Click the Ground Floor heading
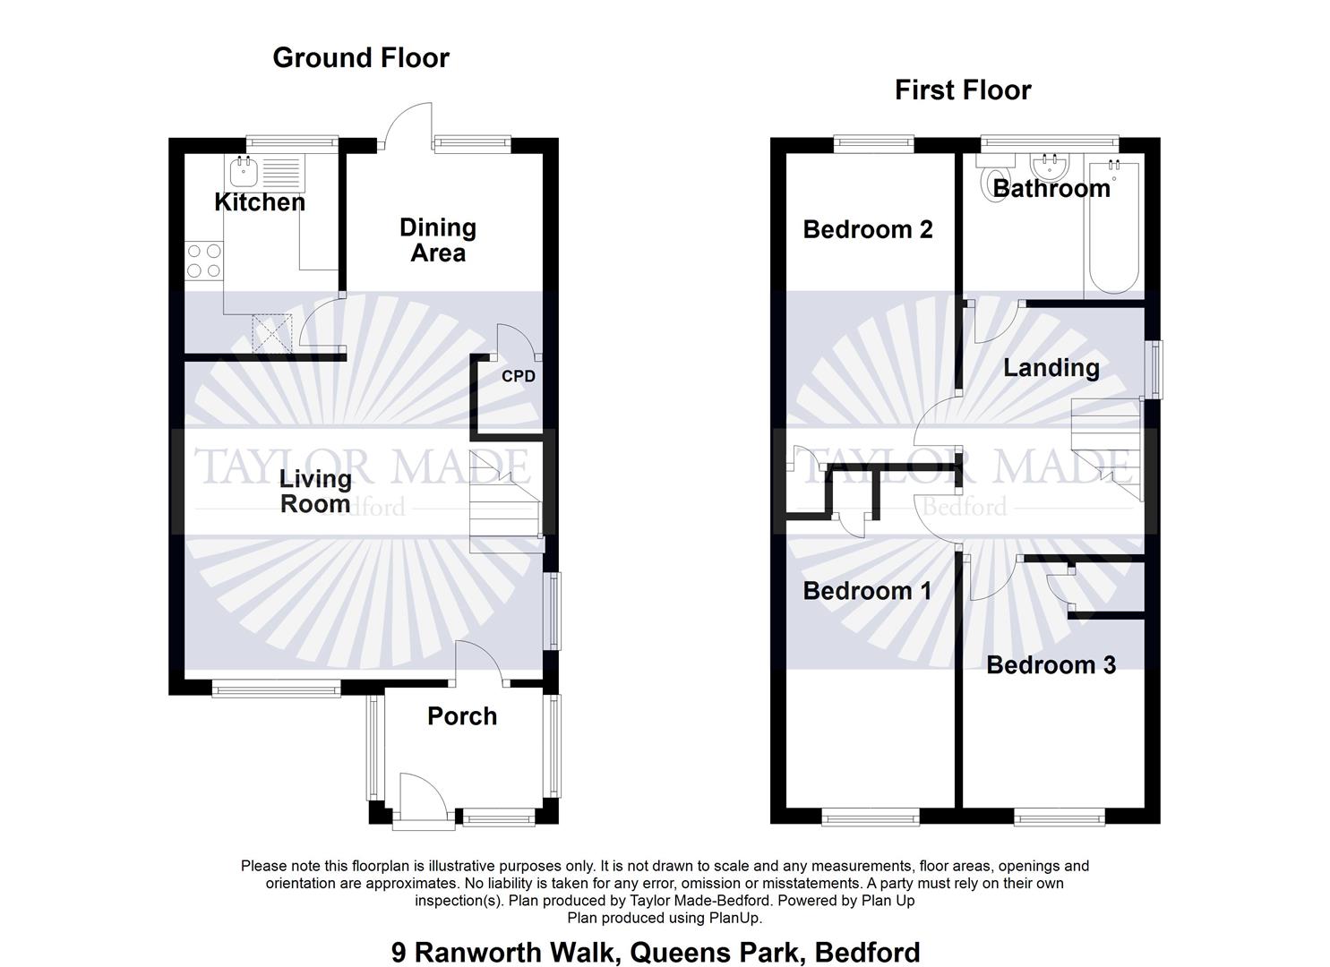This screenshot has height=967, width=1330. [x=360, y=58]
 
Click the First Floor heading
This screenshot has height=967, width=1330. [x=963, y=90]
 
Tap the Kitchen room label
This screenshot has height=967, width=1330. [x=260, y=202]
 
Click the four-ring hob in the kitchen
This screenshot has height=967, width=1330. [x=203, y=261]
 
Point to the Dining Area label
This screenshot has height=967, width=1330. [x=437, y=241]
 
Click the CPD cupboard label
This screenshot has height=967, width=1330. [x=518, y=376]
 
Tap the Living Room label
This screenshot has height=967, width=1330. [x=315, y=492]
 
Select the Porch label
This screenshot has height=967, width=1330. [x=461, y=716]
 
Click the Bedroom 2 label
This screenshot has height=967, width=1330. [x=867, y=230]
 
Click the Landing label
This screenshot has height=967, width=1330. [x=1051, y=368]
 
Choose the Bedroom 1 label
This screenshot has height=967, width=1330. [x=866, y=591]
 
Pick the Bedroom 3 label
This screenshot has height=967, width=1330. [x=1051, y=665]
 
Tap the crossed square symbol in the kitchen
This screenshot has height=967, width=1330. [x=272, y=332]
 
